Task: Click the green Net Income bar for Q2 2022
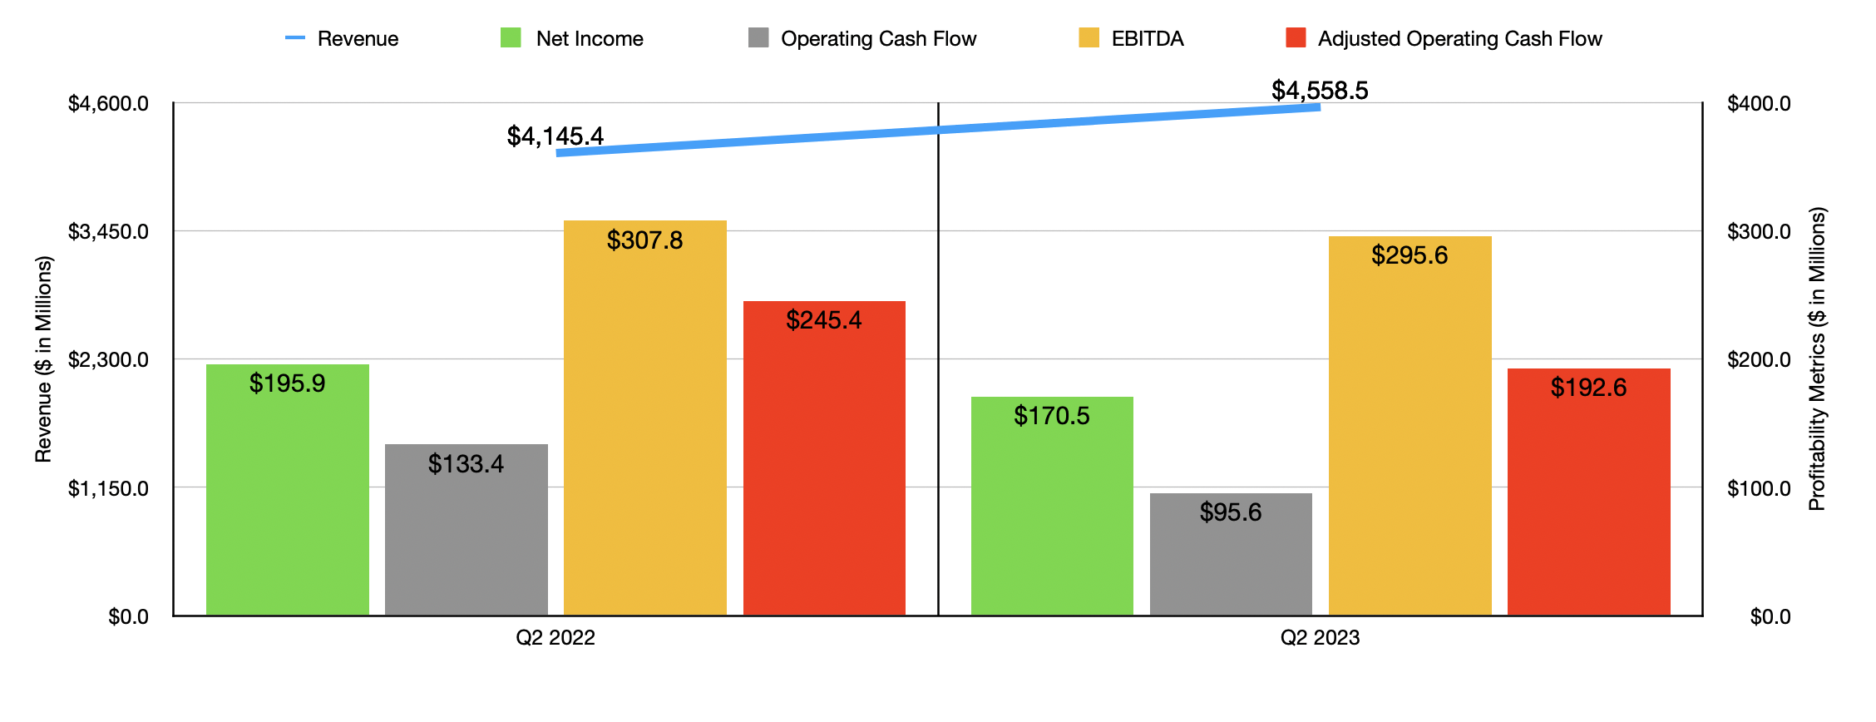tap(287, 499)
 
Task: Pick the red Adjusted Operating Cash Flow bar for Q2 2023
tap(1588, 499)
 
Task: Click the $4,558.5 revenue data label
tap(1320, 90)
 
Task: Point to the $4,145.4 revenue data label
tap(555, 136)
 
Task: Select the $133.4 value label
tap(466, 463)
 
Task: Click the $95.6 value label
tap(1231, 512)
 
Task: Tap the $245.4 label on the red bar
tap(824, 319)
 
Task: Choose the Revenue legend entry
tap(343, 38)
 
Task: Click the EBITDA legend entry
tap(1132, 38)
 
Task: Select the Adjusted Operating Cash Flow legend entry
tap(1444, 38)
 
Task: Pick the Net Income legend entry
tap(573, 38)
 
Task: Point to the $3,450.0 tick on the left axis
tap(108, 231)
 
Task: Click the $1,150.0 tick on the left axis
tap(108, 488)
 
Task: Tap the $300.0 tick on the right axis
tap(1759, 231)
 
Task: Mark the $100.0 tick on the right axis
tap(1759, 488)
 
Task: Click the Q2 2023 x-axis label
tap(1320, 637)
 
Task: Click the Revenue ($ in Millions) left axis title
tap(43, 359)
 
